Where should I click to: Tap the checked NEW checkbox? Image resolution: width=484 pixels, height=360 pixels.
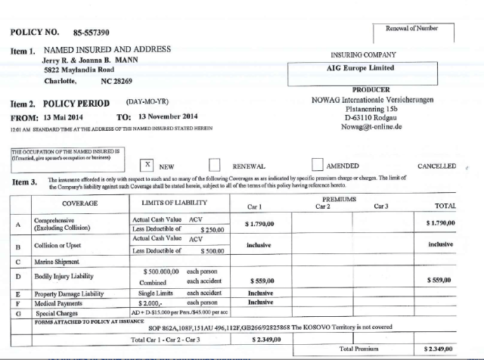(149, 164)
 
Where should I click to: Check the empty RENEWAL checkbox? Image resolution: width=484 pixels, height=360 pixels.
(215, 165)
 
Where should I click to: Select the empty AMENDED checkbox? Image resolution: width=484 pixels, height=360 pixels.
(318, 165)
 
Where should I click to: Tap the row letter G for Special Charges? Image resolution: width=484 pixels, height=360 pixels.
(16, 311)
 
